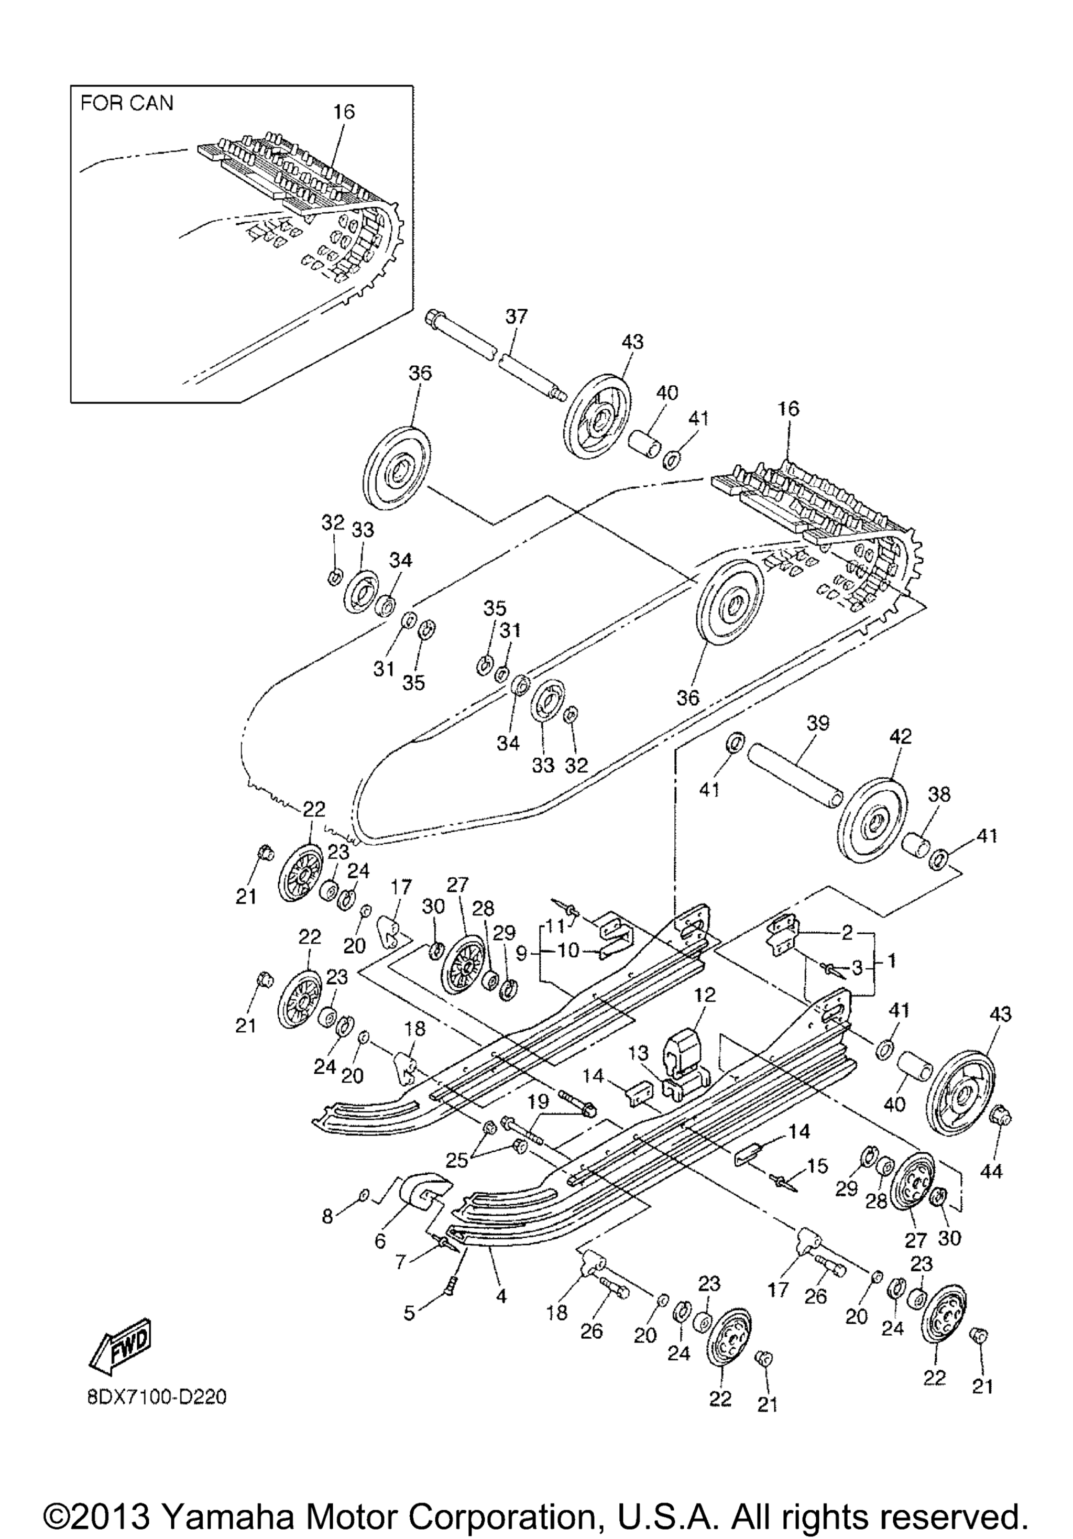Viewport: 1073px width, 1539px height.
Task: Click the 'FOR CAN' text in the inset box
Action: coord(127,103)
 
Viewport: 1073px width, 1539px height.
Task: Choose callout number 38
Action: coord(938,795)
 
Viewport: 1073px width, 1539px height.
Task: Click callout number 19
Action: coord(538,1100)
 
